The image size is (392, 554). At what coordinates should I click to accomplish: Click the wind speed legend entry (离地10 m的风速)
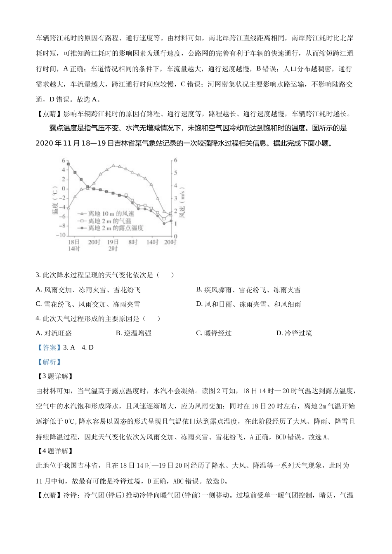(111, 214)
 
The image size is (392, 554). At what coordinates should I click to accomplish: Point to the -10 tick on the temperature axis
(61, 235)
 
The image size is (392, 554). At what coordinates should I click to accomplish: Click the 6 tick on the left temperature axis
(63, 161)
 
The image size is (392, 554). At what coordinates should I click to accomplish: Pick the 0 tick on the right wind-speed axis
(175, 236)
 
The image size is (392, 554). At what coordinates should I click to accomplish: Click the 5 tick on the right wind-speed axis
(175, 173)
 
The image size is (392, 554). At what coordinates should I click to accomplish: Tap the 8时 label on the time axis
(132, 242)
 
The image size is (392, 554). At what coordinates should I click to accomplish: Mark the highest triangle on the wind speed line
(113, 166)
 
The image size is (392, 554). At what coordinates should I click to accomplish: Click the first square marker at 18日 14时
(68, 164)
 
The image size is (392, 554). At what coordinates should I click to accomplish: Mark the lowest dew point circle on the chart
(164, 223)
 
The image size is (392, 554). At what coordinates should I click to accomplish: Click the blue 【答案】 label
(48, 347)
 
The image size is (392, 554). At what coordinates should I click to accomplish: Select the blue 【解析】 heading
(48, 362)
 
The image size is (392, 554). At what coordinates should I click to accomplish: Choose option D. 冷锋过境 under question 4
(294, 333)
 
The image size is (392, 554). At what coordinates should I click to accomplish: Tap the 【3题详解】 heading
(55, 376)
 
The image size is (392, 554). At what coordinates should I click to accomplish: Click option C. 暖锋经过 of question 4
(213, 333)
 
